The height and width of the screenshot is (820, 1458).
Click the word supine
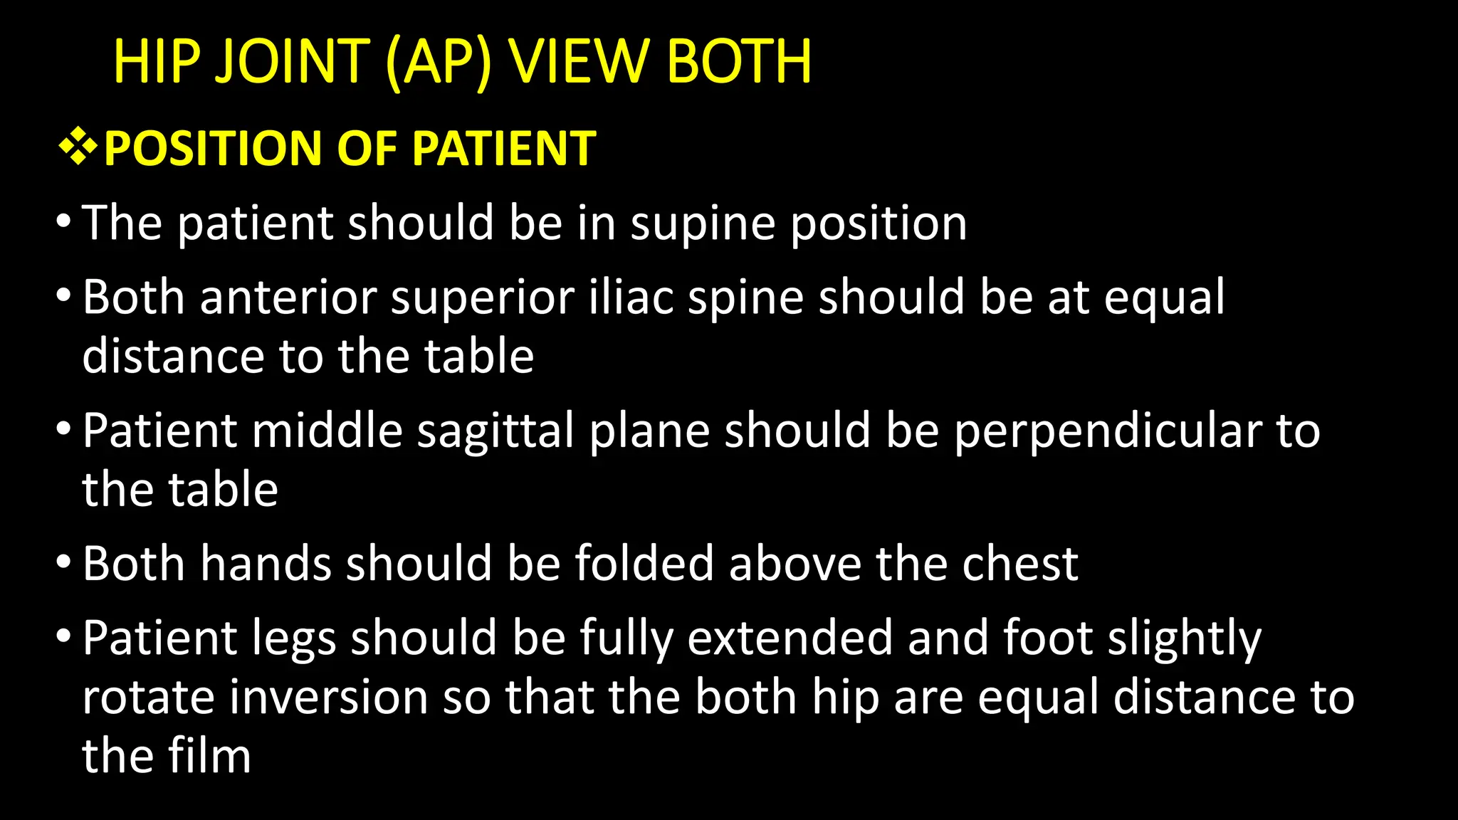click(703, 224)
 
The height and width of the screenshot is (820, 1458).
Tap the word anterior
click(288, 297)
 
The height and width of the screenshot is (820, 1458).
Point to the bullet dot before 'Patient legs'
click(63, 636)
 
